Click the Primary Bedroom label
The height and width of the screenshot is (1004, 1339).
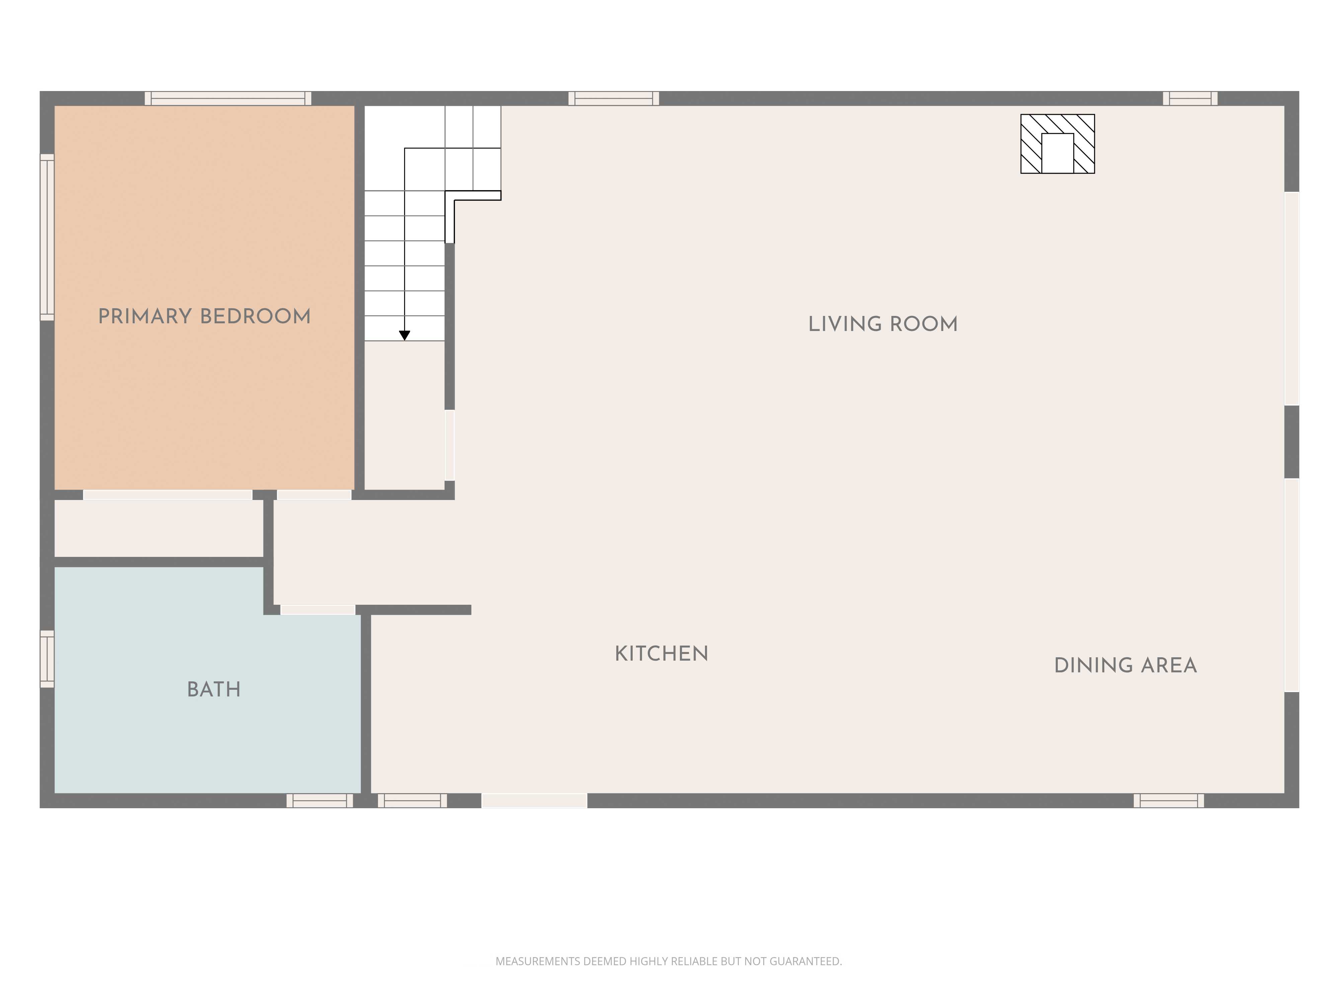click(204, 317)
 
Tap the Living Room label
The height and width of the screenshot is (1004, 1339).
click(883, 324)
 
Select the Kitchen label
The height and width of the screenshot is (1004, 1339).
click(661, 654)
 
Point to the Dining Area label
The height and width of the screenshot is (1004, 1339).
click(1125, 666)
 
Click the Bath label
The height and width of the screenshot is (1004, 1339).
click(214, 689)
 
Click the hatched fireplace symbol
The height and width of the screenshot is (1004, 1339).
click(1057, 144)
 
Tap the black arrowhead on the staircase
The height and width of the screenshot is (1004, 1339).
click(404, 335)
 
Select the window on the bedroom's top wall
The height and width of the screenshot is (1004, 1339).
click(228, 98)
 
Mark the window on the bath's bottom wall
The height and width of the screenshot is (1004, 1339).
click(320, 801)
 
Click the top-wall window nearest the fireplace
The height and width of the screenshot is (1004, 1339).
click(1190, 98)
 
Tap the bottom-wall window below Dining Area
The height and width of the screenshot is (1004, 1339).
click(1169, 801)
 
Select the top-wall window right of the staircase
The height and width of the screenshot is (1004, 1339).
click(614, 98)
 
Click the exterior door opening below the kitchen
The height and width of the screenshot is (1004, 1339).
click(535, 801)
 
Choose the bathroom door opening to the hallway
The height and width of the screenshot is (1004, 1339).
click(318, 609)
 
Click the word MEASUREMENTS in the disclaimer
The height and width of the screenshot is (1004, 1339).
click(538, 961)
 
